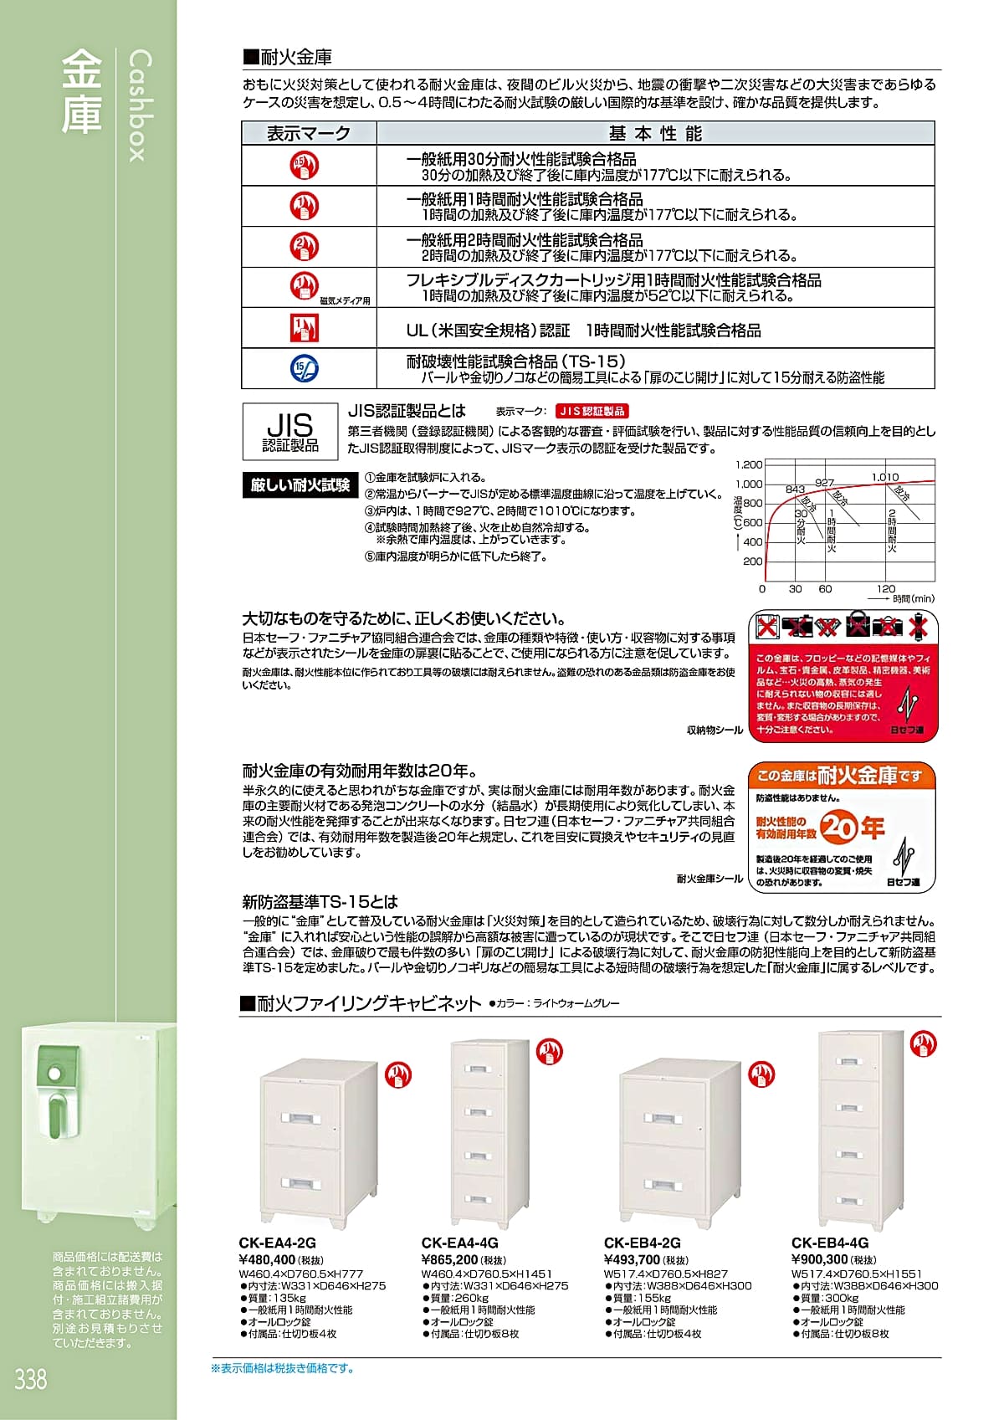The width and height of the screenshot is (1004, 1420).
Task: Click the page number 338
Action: pos(30,1378)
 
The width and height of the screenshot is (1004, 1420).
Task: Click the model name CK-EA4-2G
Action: pos(277,1243)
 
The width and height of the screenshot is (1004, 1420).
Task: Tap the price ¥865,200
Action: pos(450,1259)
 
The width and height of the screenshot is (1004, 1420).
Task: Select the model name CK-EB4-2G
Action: pos(642,1243)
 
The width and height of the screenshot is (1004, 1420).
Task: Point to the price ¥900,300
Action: pos(820,1259)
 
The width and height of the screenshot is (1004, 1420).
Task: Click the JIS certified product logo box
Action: pos(290,431)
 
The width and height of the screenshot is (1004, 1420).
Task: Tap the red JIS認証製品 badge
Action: pos(592,411)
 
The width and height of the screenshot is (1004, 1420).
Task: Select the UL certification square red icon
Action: pos(305,328)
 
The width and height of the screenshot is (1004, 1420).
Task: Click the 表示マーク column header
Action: pos(308,133)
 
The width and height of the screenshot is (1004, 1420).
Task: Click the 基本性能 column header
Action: pos(655,133)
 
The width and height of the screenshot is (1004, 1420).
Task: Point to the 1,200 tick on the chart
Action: pos(749,465)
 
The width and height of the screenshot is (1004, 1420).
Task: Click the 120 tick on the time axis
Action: pos(886,588)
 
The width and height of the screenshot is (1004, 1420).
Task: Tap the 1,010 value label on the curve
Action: pos(885,477)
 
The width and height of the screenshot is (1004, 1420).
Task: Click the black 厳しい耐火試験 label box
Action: pos(300,485)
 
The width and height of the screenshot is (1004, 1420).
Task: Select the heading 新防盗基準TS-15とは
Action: pos(320,902)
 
